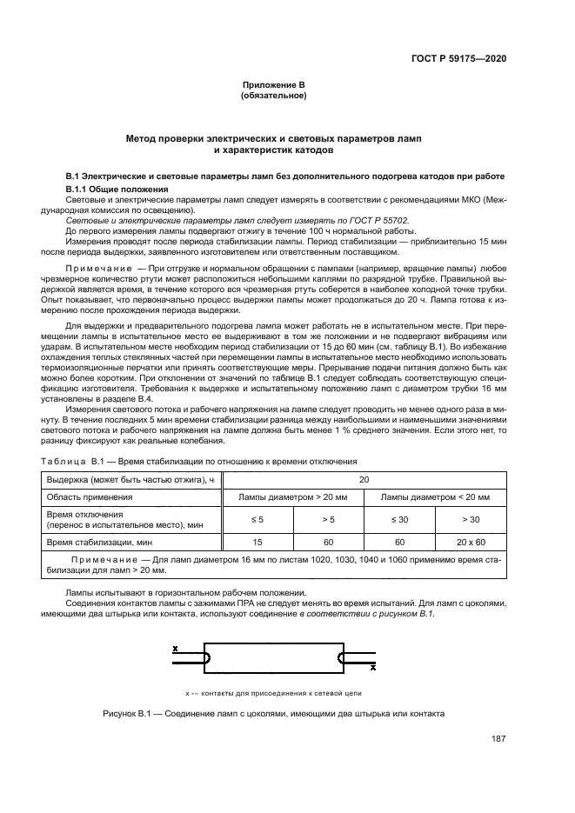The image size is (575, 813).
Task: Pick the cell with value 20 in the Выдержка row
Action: [363, 479]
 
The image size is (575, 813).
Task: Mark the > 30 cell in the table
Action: [473, 519]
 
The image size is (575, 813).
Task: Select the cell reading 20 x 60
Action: [473, 542]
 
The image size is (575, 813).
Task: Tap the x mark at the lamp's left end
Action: [176, 649]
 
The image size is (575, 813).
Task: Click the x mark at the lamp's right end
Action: [372, 668]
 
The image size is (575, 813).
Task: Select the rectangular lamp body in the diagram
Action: [273, 658]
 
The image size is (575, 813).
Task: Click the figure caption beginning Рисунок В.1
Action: [272, 713]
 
